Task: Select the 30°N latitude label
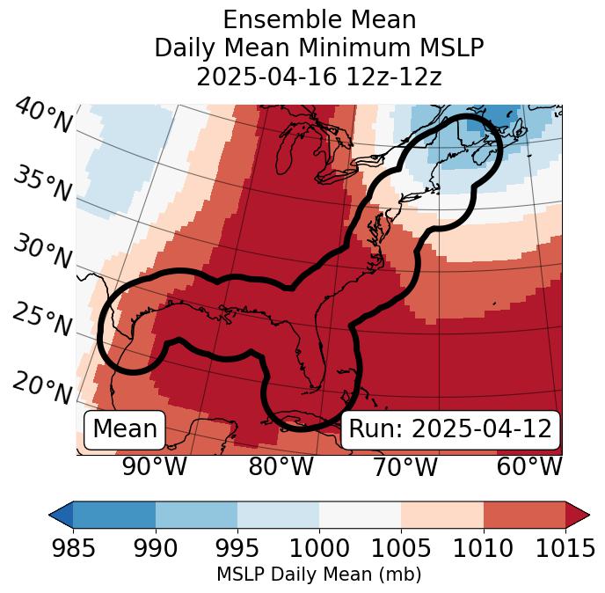pos(42,253)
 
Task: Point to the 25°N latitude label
pos(42,320)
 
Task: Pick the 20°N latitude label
pos(42,387)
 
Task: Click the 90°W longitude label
pos(155,467)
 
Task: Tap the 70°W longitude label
pos(405,467)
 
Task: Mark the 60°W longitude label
pos(529,467)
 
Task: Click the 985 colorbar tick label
pos(73,548)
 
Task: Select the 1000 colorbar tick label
pos(319,548)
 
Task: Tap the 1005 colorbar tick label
pos(401,548)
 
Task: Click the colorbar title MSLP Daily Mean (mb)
pos(318,575)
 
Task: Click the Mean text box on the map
pos(125,429)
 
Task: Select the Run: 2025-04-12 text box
pos(450,429)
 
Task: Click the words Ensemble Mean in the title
pos(318,20)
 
